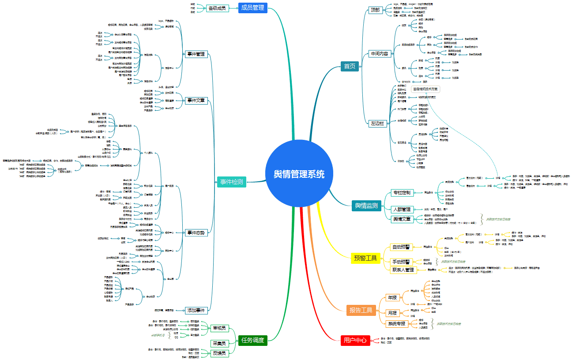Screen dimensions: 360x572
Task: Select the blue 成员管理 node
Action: pyautogui.click(x=252, y=7)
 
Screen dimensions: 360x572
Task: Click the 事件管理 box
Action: pyautogui.click(x=195, y=54)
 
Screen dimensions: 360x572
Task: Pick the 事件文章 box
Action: pyautogui.click(x=195, y=100)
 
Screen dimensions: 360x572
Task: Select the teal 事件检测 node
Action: pyautogui.click(x=231, y=181)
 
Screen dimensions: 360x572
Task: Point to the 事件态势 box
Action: pyautogui.click(x=195, y=232)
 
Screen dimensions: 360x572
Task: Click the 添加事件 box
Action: pyautogui.click(x=195, y=310)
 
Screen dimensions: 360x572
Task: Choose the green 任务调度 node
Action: pyautogui.click(x=252, y=340)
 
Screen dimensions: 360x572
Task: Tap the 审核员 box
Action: pyautogui.click(x=219, y=328)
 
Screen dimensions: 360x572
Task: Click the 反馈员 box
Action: pyautogui.click(x=219, y=353)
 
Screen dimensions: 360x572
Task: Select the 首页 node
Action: pyautogui.click(x=349, y=66)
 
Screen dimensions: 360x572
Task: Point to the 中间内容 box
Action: pyautogui.click(x=380, y=54)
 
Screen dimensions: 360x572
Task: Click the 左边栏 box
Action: pyautogui.click(x=377, y=124)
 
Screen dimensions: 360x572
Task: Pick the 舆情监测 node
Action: pyautogui.click(x=366, y=206)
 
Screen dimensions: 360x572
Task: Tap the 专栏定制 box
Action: pyautogui.click(x=402, y=193)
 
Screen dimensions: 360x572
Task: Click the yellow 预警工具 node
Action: pyautogui.click(x=365, y=258)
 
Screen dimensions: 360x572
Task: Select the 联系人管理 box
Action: pyautogui.click(x=403, y=270)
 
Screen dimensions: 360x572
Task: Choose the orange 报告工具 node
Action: pyautogui.click(x=361, y=310)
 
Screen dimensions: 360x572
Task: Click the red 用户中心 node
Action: pyautogui.click(x=355, y=340)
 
